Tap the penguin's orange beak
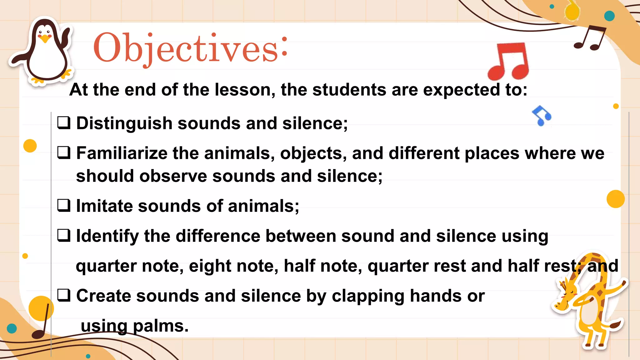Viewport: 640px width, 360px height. point(46,39)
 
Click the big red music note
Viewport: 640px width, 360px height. point(508,61)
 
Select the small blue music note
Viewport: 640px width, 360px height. point(542,116)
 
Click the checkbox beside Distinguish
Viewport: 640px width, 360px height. point(64,123)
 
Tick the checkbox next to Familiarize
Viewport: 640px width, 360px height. point(64,153)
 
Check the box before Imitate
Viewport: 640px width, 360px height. point(64,206)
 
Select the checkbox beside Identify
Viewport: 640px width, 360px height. point(64,236)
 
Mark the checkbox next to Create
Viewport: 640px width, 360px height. point(64,295)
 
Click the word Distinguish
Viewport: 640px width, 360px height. point(124,123)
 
